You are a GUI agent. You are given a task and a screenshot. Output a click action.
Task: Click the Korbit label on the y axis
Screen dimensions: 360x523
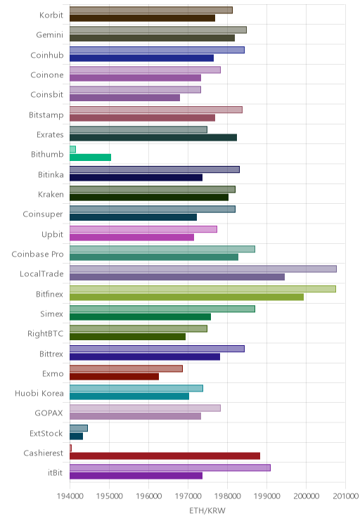(x=51, y=15)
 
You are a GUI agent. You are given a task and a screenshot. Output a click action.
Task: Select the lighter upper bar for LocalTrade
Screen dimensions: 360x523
(x=203, y=269)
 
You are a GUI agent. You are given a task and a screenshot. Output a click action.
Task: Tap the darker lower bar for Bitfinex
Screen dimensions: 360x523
(x=186, y=297)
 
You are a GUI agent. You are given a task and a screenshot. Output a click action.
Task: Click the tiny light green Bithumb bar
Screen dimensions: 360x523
(x=72, y=150)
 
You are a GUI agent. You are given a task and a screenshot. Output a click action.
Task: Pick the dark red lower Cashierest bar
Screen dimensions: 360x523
(x=165, y=456)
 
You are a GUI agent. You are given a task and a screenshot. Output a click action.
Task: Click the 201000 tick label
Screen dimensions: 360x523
(x=346, y=496)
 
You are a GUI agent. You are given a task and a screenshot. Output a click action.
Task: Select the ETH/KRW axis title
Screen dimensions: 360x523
(x=207, y=510)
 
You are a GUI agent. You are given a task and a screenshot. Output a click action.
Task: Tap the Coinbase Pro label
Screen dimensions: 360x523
(x=37, y=254)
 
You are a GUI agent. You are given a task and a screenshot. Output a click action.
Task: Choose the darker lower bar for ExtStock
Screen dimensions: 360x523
(x=76, y=436)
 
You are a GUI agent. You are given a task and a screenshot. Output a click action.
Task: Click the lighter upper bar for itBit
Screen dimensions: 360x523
(x=170, y=467)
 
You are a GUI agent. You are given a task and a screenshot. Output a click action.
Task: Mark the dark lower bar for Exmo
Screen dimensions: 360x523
(x=114, y=376)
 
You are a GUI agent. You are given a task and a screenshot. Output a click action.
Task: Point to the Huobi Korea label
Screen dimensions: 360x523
(x=39, y=393)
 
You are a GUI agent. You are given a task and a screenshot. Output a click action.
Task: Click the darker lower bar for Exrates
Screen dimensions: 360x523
(x=153, y=137)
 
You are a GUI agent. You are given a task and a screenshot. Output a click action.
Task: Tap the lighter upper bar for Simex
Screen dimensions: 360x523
(x=162, y=309)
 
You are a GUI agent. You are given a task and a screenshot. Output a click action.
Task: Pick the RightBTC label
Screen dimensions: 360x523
(x=46, y=333)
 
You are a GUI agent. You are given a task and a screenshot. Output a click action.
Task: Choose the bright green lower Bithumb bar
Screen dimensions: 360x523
(x=91, y=157)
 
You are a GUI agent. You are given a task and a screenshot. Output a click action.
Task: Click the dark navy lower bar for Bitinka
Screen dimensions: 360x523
(x=136, y=177)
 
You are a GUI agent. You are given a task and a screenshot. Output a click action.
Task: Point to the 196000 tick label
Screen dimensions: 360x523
(x=148, y=496)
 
